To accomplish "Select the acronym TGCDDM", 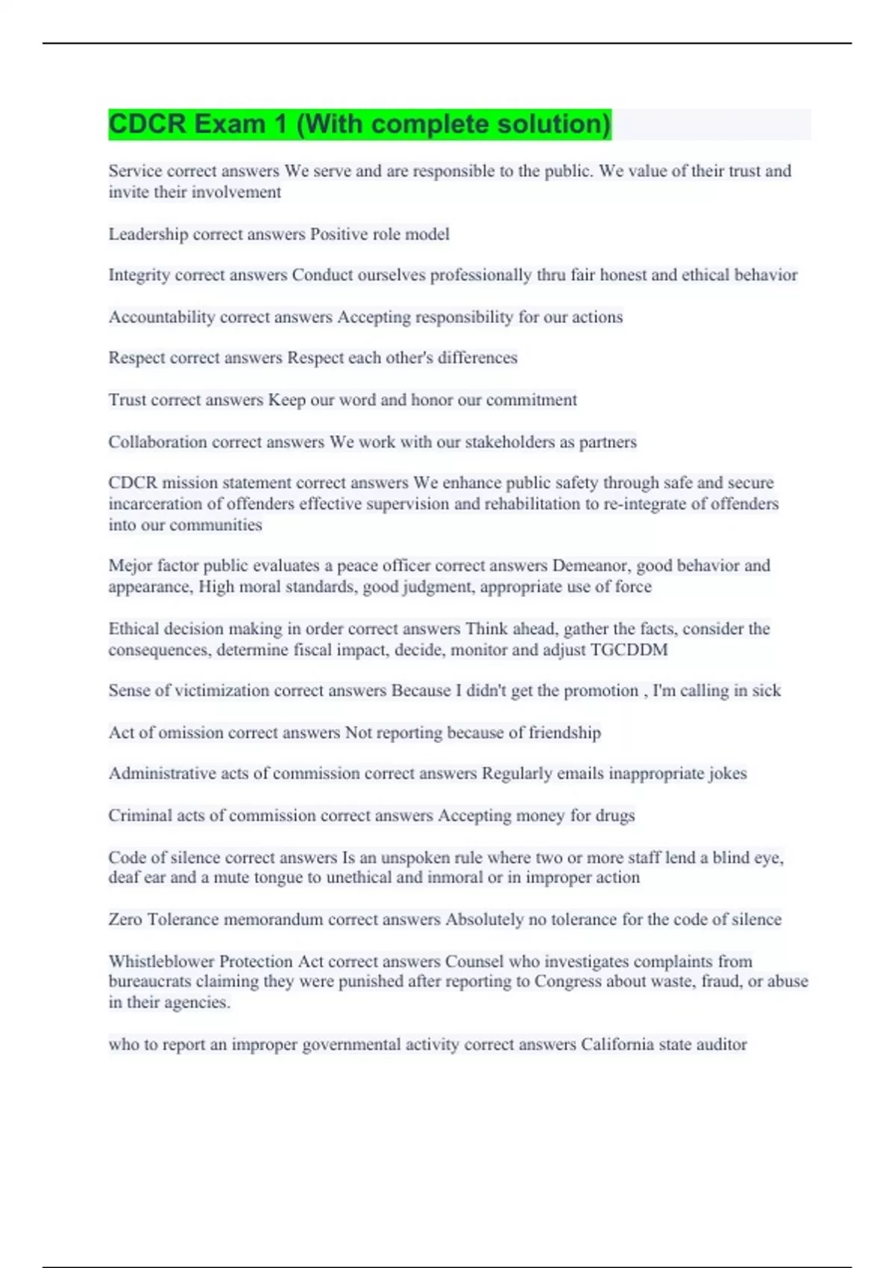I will pyautogui.click(x=629, y=650).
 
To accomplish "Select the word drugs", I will pyautogui.click(x=615, y=816).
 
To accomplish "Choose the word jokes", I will pyautogui.click(x=727, y=773).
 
